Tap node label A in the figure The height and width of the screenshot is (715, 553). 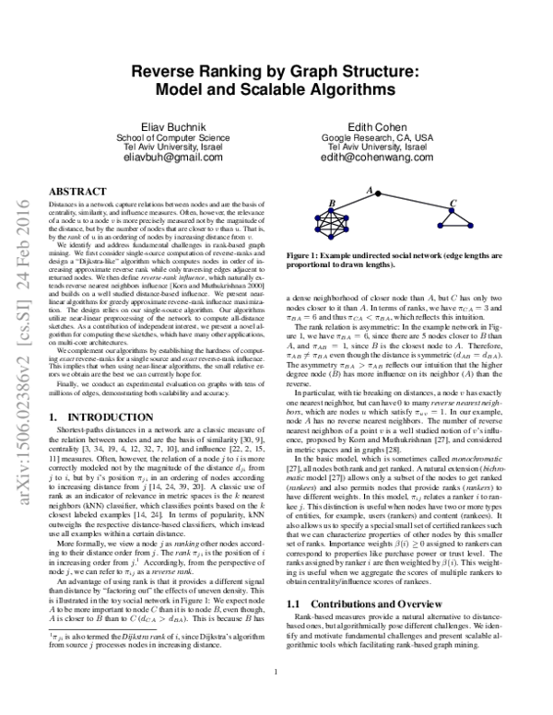click(x=371, y=192)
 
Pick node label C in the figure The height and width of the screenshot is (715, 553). click(x=452, y=204)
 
